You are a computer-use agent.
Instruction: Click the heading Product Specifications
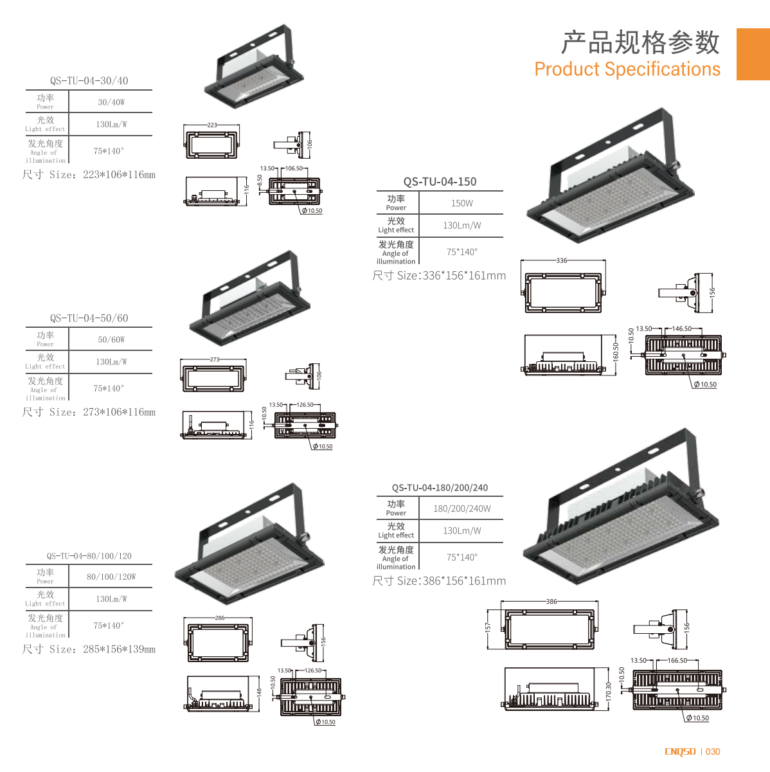(627, 69)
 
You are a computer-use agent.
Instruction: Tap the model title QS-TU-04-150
(440, 182)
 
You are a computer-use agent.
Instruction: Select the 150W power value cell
(461, 203)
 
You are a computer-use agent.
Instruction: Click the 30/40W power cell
(111, 102)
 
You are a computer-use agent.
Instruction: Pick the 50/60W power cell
(111, 339)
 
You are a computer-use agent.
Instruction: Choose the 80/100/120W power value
(111, 577)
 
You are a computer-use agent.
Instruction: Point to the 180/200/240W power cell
(461, 508)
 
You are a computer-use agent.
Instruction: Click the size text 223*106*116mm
(119, 175)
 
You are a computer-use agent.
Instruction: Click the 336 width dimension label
(562, 260)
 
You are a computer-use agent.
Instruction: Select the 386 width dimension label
(551, 602)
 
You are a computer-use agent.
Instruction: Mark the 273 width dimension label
(215, 359)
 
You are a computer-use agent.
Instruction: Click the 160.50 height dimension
(616, 352)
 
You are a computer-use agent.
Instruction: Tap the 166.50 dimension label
(677, 660)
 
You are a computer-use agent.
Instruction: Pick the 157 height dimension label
(488, 626)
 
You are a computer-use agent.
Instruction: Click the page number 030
(713, 751)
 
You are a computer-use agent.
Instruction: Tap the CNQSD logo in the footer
(680, 751)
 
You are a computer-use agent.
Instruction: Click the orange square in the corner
(753, 54)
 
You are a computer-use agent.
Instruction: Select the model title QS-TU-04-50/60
(89, 318)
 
